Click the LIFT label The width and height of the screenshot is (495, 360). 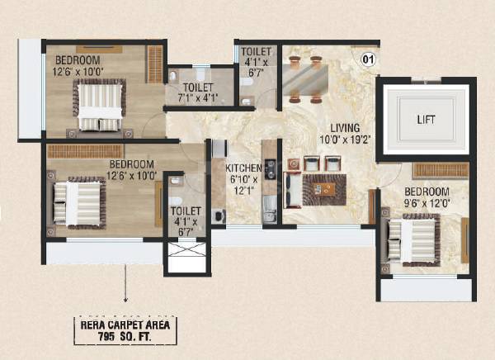427,120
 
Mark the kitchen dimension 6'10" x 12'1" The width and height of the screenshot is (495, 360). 243,186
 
